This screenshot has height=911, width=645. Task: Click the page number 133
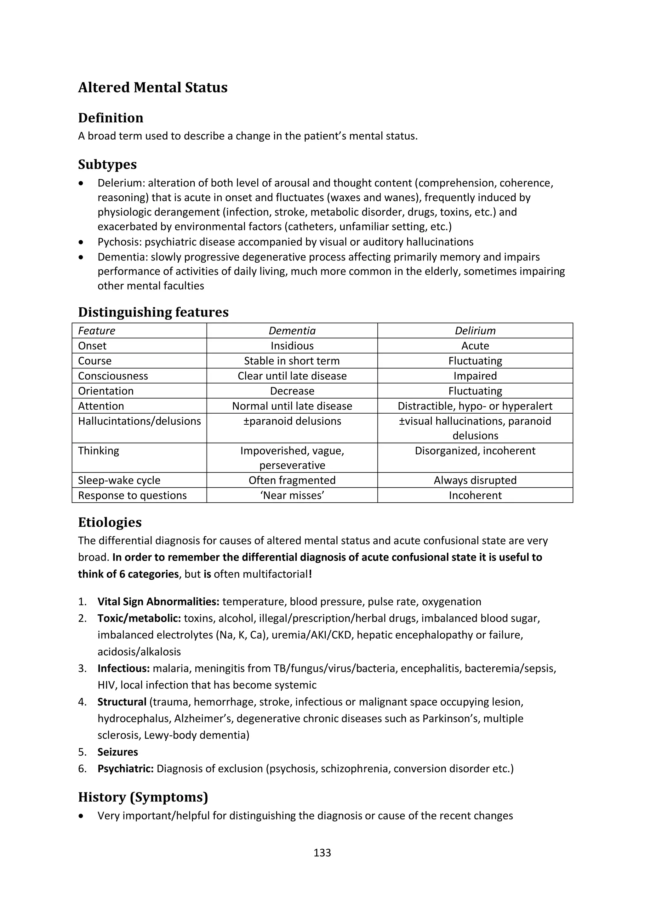click(x=322, y=852)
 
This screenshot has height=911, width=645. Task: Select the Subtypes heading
click(x=107, y=164)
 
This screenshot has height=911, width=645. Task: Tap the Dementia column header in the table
click(x=292, y=331)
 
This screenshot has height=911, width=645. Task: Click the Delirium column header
click(x=475, y=331)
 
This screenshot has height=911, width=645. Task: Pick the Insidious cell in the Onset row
click(x=292, y=346)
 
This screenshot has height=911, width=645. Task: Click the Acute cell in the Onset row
click(x=475, y=346)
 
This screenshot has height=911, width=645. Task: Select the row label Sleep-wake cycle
click(x=119, y=480)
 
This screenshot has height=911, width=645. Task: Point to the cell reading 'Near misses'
click(x=292, y=495)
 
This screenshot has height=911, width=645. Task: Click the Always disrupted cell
click(x=475, y=480)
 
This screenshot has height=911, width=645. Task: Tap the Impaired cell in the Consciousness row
click(x=475, y=376)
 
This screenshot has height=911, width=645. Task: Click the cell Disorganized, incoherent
click(x=475, y=451)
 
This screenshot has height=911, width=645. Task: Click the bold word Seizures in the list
click(x=117, y=752)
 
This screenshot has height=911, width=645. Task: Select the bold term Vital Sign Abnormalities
click(x=158, y=601)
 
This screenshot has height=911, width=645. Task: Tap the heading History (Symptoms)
click(x=143, y=797)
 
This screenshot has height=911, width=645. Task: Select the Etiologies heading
click(x=110, y=522)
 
